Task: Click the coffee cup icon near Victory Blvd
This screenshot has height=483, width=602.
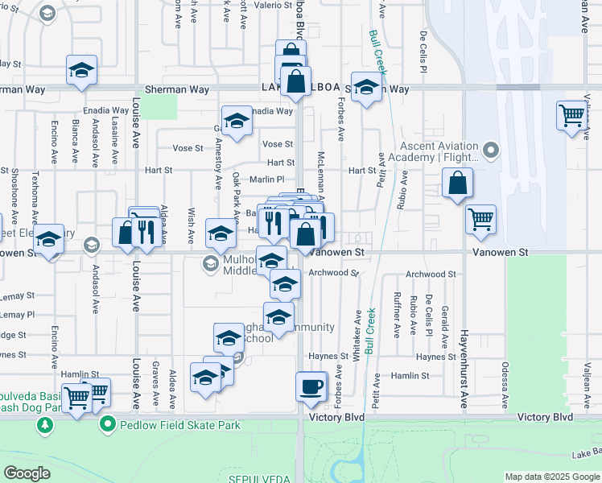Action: click(311, 386)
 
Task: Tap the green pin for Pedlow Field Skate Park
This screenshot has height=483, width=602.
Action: click(105, 423)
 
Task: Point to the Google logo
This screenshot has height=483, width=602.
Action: click(27, 473)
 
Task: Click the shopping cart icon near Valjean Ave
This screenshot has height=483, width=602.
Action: click(571, 116)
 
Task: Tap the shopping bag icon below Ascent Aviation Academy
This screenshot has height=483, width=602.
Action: click(457, 183)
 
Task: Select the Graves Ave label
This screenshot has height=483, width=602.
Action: click(154, 385)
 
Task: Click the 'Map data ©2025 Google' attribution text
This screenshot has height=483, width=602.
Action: click(551, 476)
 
